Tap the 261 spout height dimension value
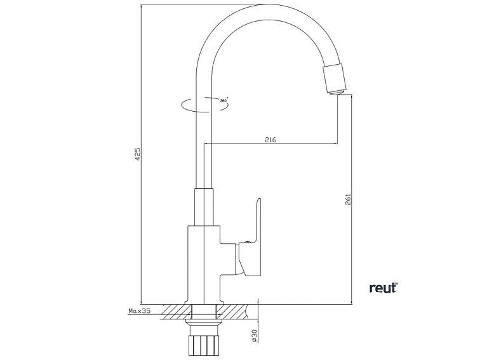pos(348,199)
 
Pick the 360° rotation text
pos(223,100)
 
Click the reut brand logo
pos(382,288)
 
